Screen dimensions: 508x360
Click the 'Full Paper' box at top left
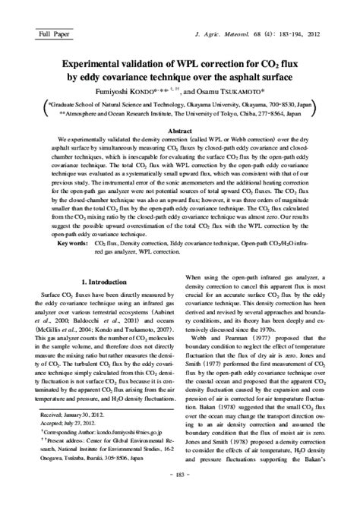(39, 36)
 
